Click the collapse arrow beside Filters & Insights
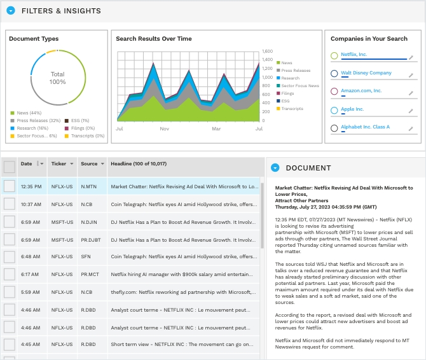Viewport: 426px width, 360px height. (x=11, y=11)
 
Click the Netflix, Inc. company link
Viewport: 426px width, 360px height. (x=354, y=55)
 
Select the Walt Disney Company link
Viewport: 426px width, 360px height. (x=366, y=73)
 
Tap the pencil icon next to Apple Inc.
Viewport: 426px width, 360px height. (x=411, y=110)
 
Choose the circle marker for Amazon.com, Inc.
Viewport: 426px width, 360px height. (x=334, y=92)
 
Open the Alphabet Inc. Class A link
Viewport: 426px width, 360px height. (x=365, y=127)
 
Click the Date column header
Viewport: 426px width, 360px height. (x=26, y=164)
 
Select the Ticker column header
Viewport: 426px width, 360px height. (x=58, y=164)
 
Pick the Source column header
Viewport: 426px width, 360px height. (x=89, y=164)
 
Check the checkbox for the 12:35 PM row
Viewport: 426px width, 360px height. (x=9, y=186)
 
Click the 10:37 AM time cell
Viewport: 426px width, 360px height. (x=31, y=204)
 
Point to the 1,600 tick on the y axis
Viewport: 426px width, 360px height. (x=267, y=51)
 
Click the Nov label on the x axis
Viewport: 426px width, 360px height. (x=164, y=128)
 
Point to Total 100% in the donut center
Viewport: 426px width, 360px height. (x=57, y=78)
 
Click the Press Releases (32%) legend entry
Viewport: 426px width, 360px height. (x=38, y=120)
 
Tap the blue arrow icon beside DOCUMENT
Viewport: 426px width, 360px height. (x=275, y=168)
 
